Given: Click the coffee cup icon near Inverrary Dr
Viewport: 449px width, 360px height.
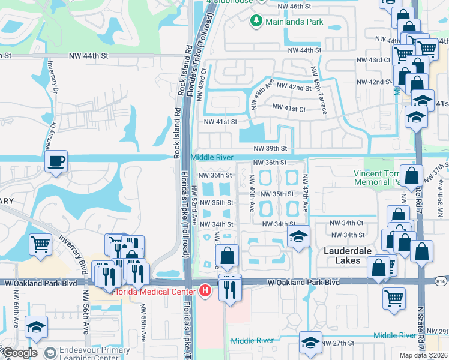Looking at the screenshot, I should click(x=56, y=161).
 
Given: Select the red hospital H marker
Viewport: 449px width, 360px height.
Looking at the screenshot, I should click(x=206, y=292).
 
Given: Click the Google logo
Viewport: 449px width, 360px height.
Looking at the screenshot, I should click(x=19, y=352).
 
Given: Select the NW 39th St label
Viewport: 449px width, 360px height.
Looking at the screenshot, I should click(x=270, y=148).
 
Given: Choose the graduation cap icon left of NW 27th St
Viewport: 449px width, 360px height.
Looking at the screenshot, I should click(x=310, y=343).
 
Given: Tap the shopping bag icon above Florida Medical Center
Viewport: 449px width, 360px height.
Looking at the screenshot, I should click(x=228, y=256).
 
